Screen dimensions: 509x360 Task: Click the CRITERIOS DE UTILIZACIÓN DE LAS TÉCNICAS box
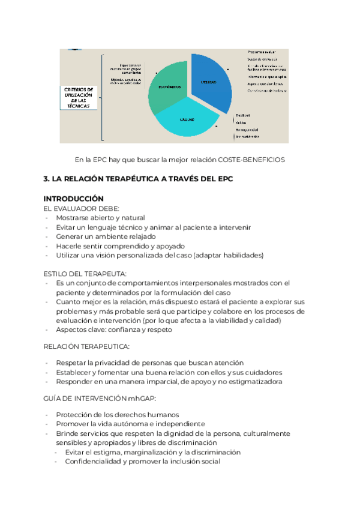tap(79, 97)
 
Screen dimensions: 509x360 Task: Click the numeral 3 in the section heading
tap(46, 179)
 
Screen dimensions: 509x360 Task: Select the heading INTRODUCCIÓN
tap(74, 199)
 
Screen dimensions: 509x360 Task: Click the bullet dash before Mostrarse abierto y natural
tap(47, 218)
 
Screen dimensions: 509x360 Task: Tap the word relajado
tap(139, 236)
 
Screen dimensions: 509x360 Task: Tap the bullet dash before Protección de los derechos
tap(47, 415)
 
